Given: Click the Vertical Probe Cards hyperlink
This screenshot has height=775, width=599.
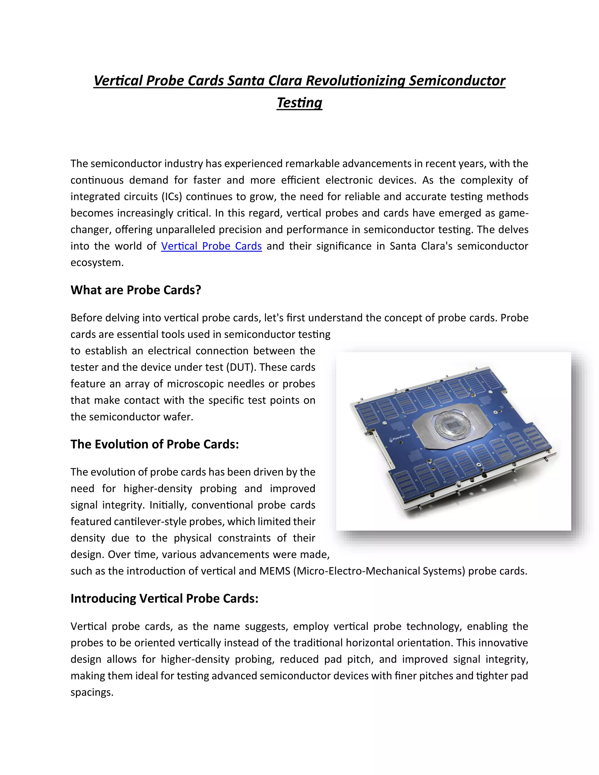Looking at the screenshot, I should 211,246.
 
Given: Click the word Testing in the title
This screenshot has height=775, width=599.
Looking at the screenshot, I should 299,103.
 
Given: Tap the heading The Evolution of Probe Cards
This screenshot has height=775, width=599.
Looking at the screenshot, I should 154,444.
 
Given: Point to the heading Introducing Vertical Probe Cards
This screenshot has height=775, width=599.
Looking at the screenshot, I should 164,599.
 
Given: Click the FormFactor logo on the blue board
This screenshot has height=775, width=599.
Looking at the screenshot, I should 400,438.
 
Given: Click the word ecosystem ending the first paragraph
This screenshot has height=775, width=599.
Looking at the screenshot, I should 97,263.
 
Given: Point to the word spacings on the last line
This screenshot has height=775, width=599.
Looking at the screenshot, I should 92,692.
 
